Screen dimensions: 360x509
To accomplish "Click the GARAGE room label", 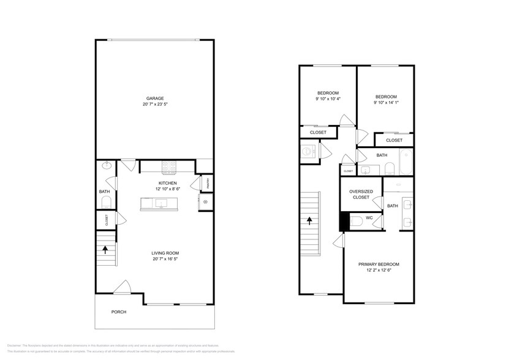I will coord(154,99).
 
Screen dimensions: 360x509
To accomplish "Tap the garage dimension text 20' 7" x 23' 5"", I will coord(154,105).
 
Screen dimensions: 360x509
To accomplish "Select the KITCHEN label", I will coord(168,183).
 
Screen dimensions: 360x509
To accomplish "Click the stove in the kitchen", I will coord(169,165).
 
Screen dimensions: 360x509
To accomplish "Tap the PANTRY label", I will coord(207,183).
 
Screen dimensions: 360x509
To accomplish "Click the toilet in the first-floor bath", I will coord(105,204).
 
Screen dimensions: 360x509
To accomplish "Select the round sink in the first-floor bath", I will coord(105,165).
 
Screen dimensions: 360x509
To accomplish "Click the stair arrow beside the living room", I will coord(105,249).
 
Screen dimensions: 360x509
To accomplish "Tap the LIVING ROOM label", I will coord(165,253).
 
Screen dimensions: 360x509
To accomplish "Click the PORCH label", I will coord(118,312).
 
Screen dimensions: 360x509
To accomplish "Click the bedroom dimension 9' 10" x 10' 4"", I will coord(328,99).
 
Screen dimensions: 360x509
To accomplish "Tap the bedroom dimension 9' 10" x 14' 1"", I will coord(386,103).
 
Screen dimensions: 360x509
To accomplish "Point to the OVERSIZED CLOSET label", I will coord(360,194).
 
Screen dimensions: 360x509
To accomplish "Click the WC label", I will coord(369,217).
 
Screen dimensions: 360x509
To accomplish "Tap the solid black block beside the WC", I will coord(344,222).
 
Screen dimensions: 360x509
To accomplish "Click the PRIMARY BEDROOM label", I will coord(378,266).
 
